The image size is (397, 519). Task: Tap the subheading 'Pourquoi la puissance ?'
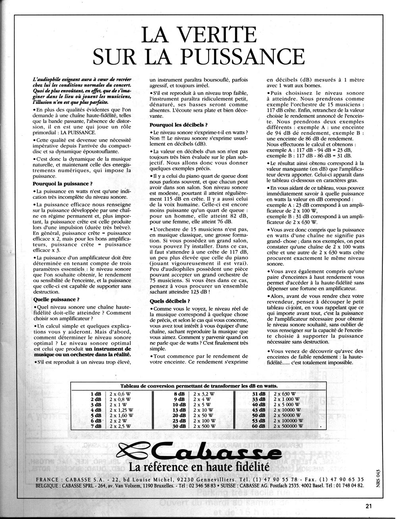coord(63,183)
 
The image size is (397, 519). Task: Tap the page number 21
coord(369,506)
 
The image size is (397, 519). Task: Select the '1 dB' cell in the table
coord(96,393)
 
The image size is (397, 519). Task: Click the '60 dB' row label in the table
coord(258,425)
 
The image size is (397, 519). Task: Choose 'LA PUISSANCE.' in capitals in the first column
coord(78,132)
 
